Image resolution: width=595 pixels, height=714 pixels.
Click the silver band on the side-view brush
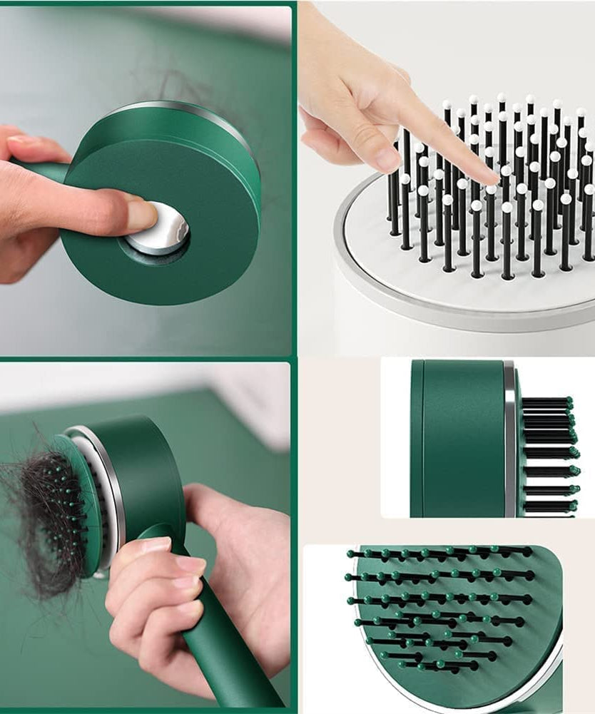click(509, 439)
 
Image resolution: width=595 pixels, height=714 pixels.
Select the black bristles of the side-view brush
click(546, 457)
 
